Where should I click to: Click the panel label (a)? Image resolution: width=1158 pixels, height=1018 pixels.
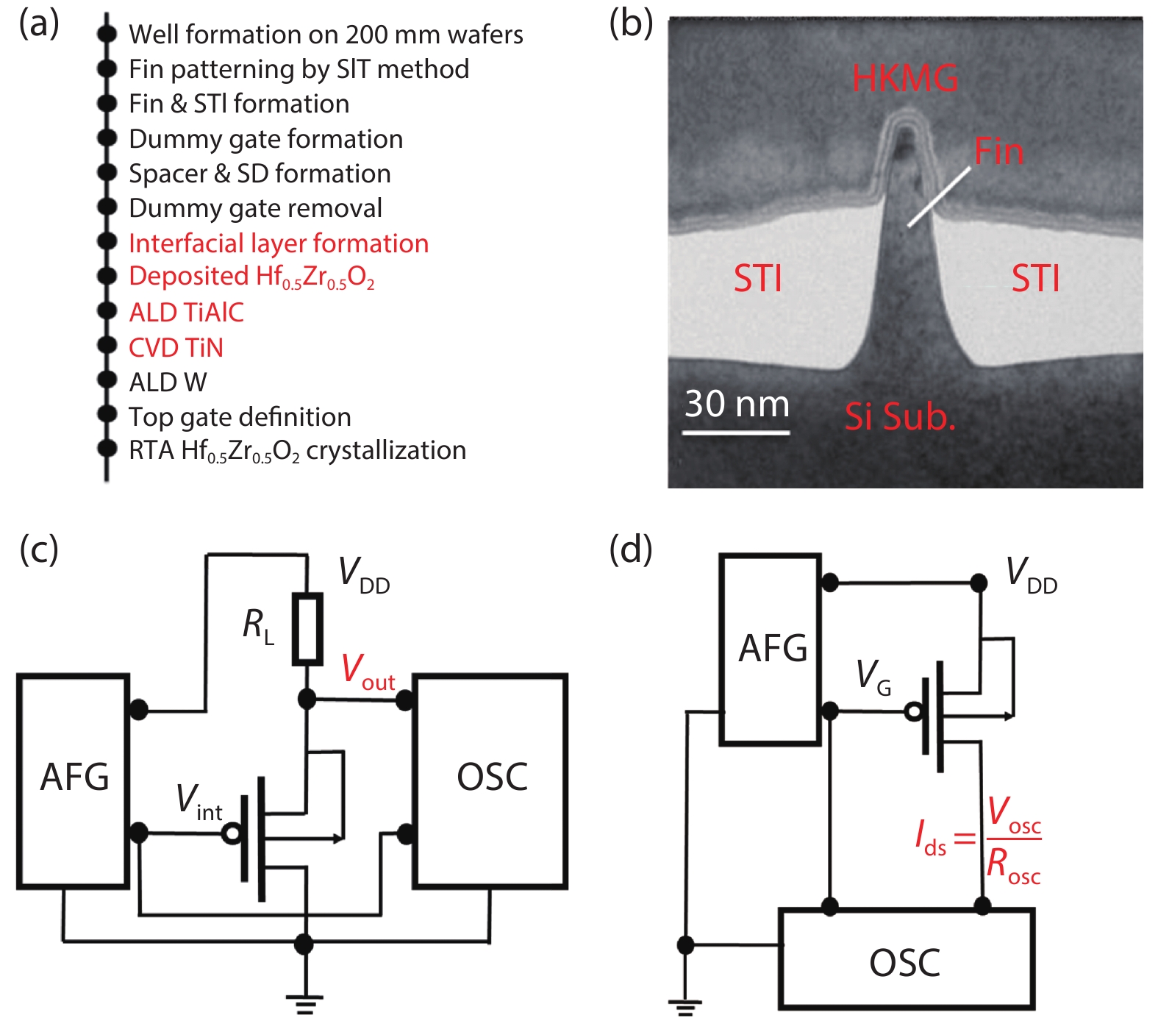(39, 24)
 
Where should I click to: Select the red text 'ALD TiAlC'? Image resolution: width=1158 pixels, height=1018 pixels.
(186, 313)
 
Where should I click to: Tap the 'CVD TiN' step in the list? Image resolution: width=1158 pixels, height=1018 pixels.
(176, 347)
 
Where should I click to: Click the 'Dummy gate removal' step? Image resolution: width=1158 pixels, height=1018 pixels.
(255, 208)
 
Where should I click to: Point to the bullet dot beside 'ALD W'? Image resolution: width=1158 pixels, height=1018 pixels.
(107, 380)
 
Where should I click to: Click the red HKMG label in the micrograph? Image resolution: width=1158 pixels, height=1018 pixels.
(904, 78)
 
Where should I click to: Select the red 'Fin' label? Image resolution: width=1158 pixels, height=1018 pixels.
(998, 152)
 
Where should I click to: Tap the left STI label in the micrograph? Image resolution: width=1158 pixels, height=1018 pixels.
(757, 279)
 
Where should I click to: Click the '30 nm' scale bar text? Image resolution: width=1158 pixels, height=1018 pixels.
(737, 404)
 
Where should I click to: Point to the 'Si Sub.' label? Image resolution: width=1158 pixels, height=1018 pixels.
(900, 416)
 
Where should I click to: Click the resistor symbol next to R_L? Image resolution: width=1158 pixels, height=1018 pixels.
(307, 629)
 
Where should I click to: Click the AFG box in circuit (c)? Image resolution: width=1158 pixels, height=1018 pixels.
(74, 780)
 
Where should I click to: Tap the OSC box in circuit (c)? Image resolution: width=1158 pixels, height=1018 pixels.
(491, 780)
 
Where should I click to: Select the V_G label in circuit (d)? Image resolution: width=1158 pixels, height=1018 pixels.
(873, 675)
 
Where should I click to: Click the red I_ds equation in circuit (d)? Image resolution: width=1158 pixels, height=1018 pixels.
(978, 839)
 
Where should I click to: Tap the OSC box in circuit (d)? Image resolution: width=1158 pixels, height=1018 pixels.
(906, 960)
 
